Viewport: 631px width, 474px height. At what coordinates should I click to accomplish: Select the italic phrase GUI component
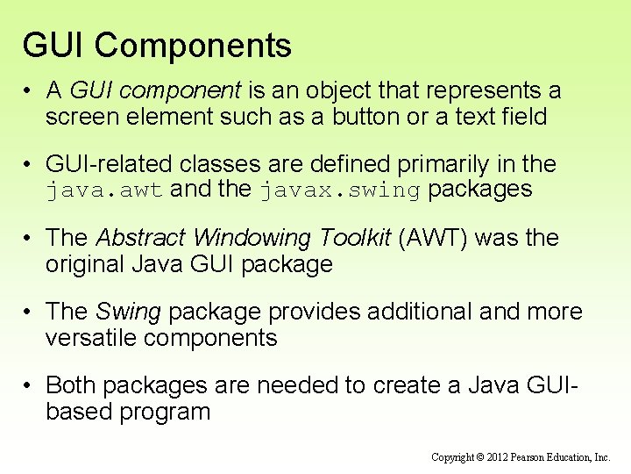[x=154, y=90]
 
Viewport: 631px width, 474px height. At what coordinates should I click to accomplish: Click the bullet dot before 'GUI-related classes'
[x=29, y=165]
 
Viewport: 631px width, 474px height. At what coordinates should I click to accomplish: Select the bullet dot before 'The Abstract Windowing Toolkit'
[x=29, y=239]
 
